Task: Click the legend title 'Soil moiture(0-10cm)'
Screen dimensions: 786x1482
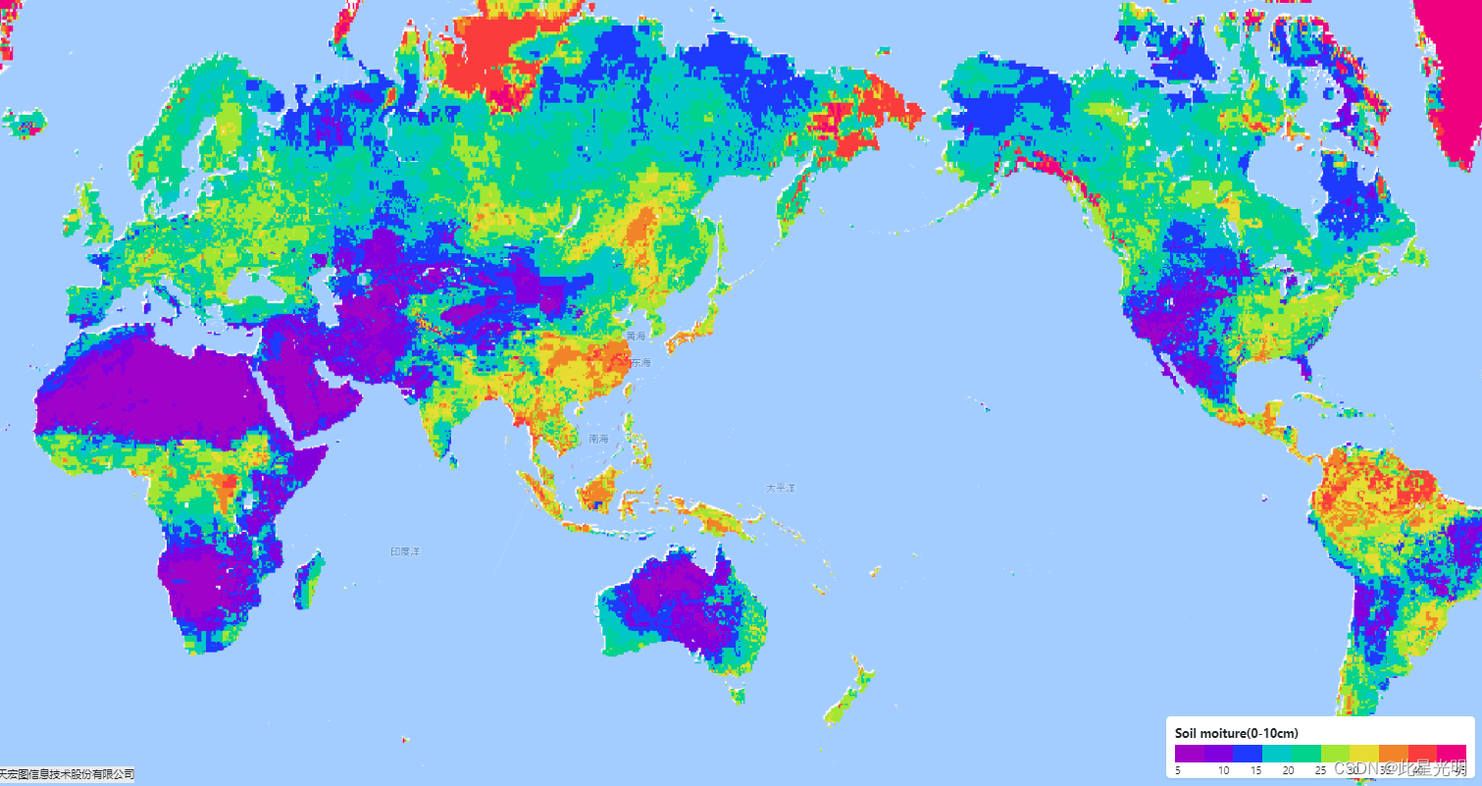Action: tap(1236, 733)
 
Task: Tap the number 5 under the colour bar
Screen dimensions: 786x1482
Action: tap(1177, 771)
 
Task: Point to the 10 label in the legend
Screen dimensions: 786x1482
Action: tap(1223, 771)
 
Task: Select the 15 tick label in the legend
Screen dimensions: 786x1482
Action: tap(1255, 771)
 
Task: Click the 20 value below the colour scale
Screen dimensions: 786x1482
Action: tap(1288, 771)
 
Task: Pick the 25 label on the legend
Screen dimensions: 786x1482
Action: tap(1320, 771)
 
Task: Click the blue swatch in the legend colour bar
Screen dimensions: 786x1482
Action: tap(1248, 754)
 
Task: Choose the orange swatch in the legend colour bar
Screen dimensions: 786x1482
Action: tap(1393, 754)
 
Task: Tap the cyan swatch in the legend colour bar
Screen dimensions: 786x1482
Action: tap(1276, 754)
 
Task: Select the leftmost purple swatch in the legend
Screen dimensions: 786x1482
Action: tap(1189, 754)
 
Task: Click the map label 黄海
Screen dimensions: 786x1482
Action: tap(637, 336)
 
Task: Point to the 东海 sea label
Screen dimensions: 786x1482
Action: tap(639, 362)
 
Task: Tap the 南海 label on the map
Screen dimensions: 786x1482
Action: tap(598, 439)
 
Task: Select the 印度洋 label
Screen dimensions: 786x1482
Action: tap(405, 551)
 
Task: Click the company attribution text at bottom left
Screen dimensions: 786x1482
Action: tap(67, 775)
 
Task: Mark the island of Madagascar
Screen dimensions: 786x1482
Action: tap(308, 579)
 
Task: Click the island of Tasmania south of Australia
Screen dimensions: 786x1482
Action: tap(736, 695)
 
